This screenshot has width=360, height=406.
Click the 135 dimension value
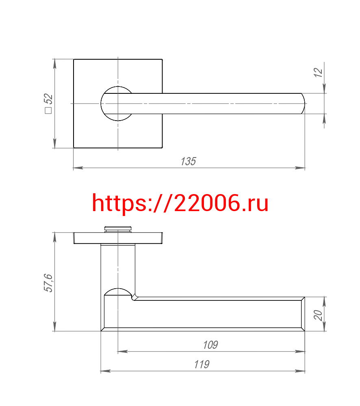(x=188, y=161)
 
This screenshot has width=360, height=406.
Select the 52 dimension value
(x=48, y=99)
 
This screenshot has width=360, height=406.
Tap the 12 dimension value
(x=318, y=73)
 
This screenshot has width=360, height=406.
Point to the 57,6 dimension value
(x=48, y=283)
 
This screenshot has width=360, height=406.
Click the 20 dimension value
(x=318, y=315)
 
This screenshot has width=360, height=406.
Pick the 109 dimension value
(x=210, y=345)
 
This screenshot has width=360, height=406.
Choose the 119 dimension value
(x=202, y=364)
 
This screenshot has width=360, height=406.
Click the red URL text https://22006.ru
(x=180, y=203)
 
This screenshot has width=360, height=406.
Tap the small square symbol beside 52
(x=48, y=110)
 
